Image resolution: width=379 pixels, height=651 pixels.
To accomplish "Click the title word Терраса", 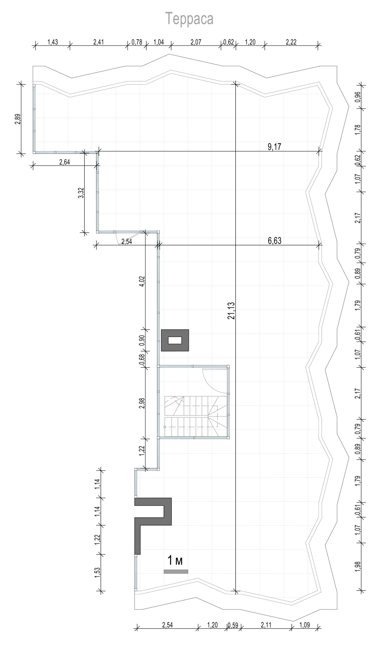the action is pyautogui.click(x=190, y=19).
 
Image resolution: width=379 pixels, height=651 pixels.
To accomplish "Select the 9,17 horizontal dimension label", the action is pyautogui.click(x=275, y=147).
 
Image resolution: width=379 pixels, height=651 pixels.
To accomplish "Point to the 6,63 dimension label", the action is pyautogui.click(x=275, y=241).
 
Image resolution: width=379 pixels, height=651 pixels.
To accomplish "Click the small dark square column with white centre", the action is pyautogui.click(x=175, y=340).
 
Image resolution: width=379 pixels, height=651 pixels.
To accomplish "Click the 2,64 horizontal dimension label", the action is pyautogui.click(x=65, y=162).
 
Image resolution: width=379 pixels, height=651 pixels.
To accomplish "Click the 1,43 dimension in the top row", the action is pyautogui.click(x=53, y=42).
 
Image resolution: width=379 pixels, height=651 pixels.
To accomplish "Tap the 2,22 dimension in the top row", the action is pyautogui.click(x=291, y=42).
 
